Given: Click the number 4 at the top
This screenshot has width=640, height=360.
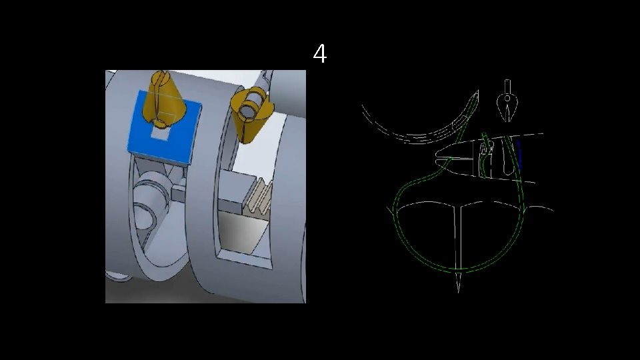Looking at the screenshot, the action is click(x=320, y=53).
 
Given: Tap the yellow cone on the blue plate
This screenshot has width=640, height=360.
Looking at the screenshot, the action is click(x=163, y=99).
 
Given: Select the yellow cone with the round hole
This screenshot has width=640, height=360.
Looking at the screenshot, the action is click(x=248, y=115).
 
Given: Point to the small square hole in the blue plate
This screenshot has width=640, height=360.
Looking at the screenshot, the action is click(x=160, y=133).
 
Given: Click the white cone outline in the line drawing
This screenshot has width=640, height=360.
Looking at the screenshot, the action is click(x=507, y=104).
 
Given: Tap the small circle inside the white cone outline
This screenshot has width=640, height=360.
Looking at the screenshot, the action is click(x=507, y=99).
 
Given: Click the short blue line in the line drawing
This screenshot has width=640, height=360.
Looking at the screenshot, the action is click(x=519, y=155).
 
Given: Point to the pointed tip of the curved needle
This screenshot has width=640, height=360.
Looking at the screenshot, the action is click(x=477, y=92).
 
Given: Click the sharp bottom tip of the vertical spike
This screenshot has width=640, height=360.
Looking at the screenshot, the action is click(x=458, y=292).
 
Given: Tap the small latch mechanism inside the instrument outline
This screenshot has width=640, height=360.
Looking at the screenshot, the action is click(x=486, y=149).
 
